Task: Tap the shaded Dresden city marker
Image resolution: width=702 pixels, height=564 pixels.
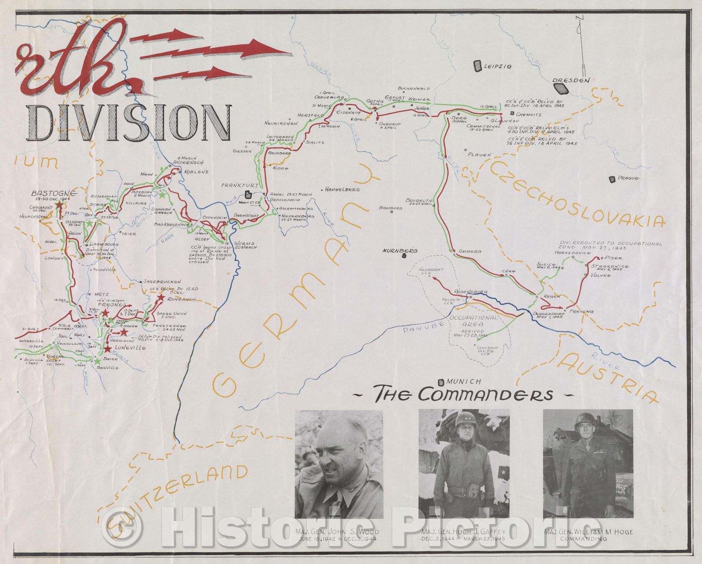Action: [561, 88]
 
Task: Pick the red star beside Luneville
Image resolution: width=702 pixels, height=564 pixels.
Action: [107, 349]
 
